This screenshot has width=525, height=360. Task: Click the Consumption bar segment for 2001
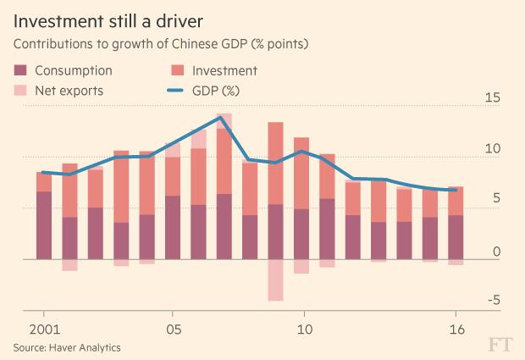44,225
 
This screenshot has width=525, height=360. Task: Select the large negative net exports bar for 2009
275,280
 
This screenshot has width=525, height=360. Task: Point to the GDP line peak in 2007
222,118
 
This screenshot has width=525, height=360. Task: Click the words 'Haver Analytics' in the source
85,347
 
